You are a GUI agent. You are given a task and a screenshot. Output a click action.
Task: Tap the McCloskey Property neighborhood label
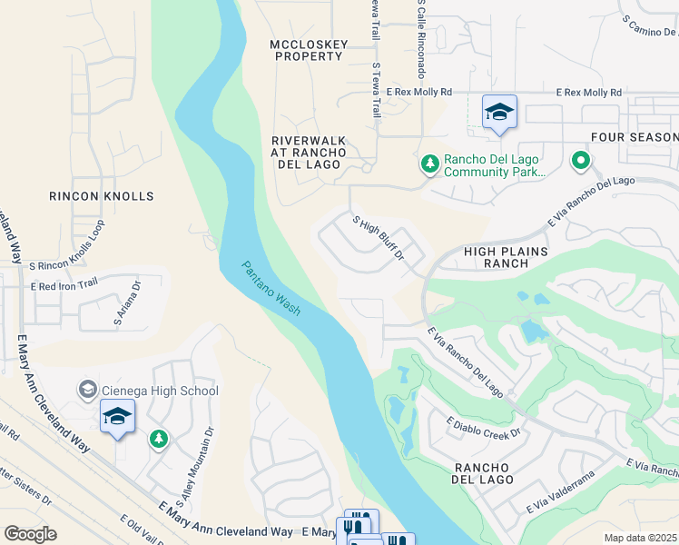[x=307, y=50]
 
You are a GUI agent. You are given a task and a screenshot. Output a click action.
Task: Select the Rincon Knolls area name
[x=102, y=196]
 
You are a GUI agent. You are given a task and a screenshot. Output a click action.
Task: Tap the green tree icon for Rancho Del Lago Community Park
[x=429, y=164]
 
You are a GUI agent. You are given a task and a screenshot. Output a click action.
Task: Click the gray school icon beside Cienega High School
[x=88, y=391]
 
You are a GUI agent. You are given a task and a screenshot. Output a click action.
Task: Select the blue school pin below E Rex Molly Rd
[x=499, y=113]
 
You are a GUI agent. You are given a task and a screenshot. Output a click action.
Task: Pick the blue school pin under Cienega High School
[x=118, y=418]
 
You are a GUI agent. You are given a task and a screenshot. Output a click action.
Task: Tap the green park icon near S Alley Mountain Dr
[x=159, y=440]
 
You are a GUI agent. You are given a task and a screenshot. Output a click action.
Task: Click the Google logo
[x=30, y=534]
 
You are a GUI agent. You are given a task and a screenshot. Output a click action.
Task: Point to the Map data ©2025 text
[x=641, y=538]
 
